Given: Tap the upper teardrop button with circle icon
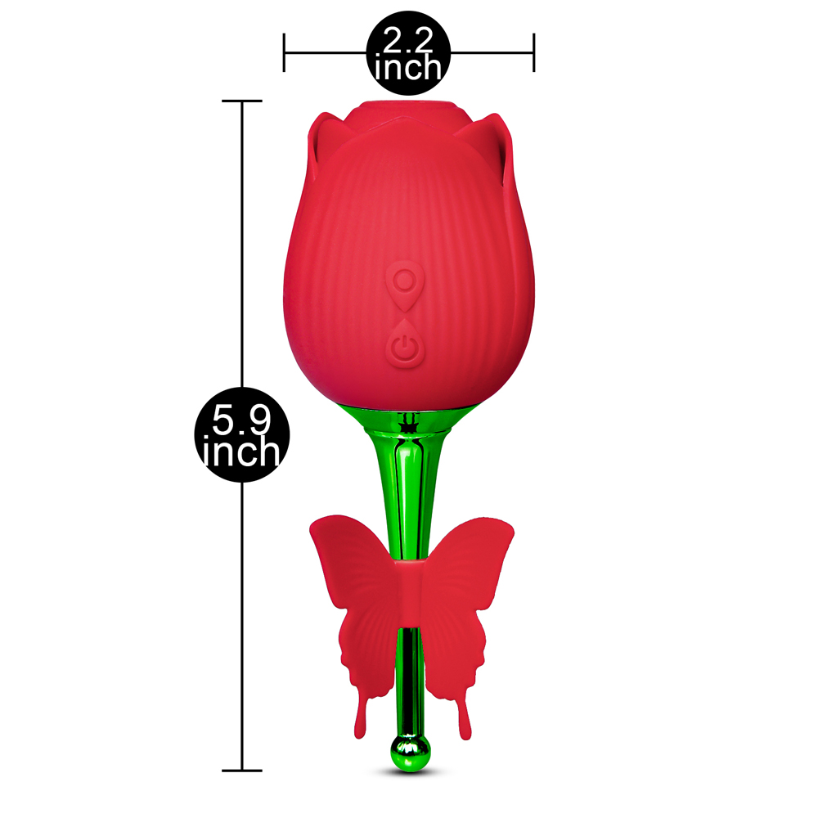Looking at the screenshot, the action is (x=406, y=285).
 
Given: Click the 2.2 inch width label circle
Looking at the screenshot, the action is (x=408, y=52).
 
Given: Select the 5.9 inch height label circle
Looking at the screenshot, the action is (x=242, y=434).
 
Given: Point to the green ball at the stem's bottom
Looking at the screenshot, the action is (x=411, y=753).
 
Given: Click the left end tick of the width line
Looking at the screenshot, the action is (x=284, y=52).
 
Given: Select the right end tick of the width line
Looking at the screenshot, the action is (x=533, y=52).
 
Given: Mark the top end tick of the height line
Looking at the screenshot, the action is (x=242, y=101).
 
